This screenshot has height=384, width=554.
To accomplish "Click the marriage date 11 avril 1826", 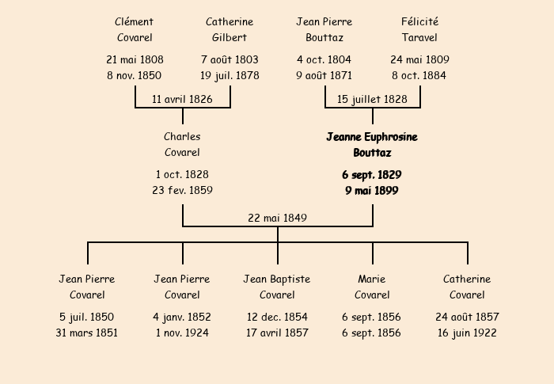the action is click(182, 99).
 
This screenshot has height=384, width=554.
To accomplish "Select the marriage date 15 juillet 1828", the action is click(372, 99).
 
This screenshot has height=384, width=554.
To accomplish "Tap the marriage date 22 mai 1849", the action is click(277, 218).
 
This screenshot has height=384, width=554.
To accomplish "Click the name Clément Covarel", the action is click(135, 29).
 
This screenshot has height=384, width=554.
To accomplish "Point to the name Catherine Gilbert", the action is click(230, 29).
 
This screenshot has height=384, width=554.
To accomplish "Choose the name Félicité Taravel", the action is click(419, 29).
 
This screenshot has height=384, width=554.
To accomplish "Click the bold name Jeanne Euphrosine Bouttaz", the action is click(372, 145).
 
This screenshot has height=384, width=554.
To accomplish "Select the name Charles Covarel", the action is click(182, 144).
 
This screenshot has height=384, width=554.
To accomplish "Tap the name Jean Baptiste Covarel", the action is click(277, 287).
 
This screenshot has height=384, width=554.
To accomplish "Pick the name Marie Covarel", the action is click(372, 287).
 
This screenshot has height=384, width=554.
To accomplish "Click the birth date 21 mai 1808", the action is click(135, 59).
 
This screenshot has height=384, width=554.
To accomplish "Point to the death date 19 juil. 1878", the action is click(230, 76).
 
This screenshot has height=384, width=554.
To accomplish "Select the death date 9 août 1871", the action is click(324, 76).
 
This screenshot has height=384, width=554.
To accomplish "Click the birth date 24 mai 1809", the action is click(419, 59).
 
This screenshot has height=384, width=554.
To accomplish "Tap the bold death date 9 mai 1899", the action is click(372, 191).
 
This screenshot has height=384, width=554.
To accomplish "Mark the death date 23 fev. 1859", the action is click(182, 190).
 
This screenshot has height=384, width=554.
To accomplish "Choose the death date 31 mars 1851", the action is click(86, 333).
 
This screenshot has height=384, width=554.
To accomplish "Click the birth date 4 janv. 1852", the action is click(182, 317).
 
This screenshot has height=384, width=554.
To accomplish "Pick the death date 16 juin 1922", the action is click(467, 333).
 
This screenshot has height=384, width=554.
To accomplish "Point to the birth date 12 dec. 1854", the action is click(277, 317).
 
